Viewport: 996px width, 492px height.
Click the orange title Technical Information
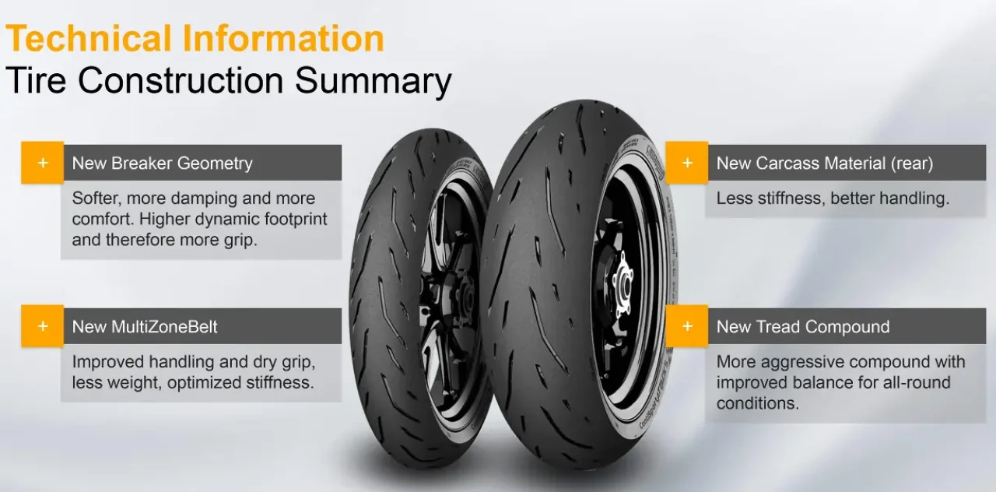[x=195, y=38]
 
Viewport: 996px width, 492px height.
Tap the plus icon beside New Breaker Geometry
[x=43, y=163]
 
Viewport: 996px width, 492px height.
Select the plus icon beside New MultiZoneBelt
[x=43, y=326]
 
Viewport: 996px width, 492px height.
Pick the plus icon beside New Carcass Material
[x=687, y=163]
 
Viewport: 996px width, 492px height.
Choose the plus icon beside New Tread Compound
[x=687, y=326]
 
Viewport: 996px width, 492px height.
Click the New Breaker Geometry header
[x=163, y=163]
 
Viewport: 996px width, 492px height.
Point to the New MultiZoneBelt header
[x=145, y=327]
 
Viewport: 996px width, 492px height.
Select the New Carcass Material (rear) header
[x=825, y=163]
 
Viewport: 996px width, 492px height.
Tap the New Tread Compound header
[x=803, y=327]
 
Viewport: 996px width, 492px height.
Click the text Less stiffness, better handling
[x=833, y=199]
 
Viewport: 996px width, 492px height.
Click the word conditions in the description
[x=758, y=403]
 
